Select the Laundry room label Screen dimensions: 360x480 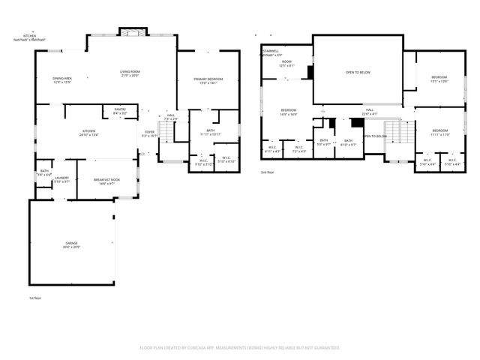click(x=61, y=179)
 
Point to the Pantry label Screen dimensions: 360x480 click(x=120, y=110)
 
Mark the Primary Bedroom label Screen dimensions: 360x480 click(x=208, y=81)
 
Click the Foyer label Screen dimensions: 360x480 click(x=149, y=134)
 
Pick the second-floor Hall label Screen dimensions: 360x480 click(x=370, y=112)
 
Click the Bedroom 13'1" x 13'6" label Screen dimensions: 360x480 click(x=439, y=79)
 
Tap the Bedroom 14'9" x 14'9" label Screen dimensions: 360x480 click(x=289, y=112)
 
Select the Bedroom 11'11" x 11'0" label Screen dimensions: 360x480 click(x=439, y=133)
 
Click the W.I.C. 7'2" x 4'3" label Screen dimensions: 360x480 click(x=299, y=148)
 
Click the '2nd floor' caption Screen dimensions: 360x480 click(x=268, y=172)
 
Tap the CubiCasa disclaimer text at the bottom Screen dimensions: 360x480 click(x=240, y=347)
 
